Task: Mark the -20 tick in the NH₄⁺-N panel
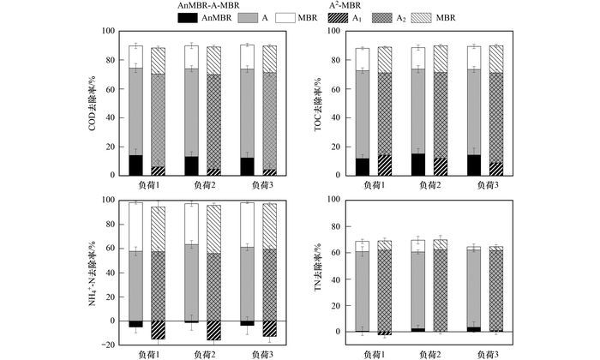107,345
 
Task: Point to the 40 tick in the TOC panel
337,118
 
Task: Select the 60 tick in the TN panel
337,253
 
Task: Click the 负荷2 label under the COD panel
201,184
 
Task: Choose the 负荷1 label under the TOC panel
373,184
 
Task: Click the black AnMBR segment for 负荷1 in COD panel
135,165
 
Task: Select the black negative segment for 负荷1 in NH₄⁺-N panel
135,324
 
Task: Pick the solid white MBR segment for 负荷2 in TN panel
418,246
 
